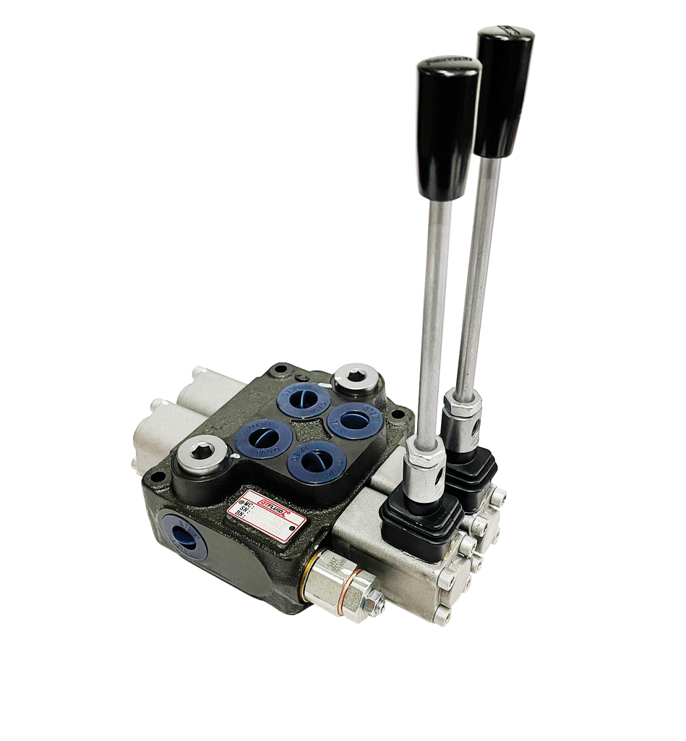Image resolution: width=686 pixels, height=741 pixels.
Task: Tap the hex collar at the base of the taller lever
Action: click(460, 416)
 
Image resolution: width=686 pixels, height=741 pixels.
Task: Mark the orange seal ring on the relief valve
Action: click(353, 577)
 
